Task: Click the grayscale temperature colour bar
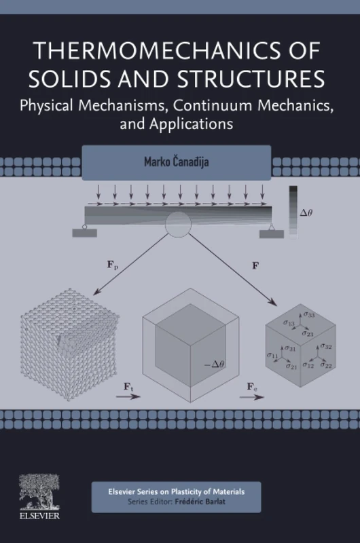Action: [293, 210]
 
